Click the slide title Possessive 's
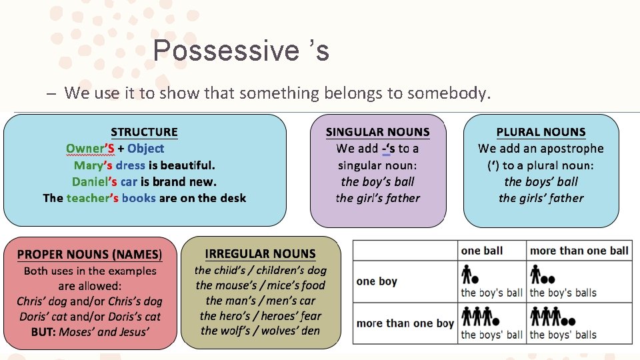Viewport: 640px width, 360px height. click(241, 51)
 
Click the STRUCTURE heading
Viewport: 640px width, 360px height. click(144, 132)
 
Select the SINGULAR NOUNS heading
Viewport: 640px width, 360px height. click(377, 132)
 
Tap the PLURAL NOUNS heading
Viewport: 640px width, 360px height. click(541, 132)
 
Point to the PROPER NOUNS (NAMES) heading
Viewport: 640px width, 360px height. click(89, 254)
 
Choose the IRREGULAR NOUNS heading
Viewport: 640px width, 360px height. click(260, 253)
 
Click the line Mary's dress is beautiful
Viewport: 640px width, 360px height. click(145, 165)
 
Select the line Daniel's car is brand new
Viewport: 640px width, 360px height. click(144, 181)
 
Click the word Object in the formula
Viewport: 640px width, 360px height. click(145, 149)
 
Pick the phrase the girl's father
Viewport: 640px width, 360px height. click(377, 198)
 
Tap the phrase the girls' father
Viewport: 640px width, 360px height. click(541, 198)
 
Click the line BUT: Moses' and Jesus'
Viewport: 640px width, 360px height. click(89, 331)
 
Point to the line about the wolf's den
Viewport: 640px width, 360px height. click(260, 331)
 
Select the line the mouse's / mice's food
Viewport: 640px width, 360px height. click(260, 285)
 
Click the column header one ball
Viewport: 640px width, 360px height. click(482, 251)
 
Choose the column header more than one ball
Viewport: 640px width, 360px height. click(579, 251)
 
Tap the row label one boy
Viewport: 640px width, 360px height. click(377, 281)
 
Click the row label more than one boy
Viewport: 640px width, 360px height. click(405, 323)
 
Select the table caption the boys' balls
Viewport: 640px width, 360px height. click(563, 335)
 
